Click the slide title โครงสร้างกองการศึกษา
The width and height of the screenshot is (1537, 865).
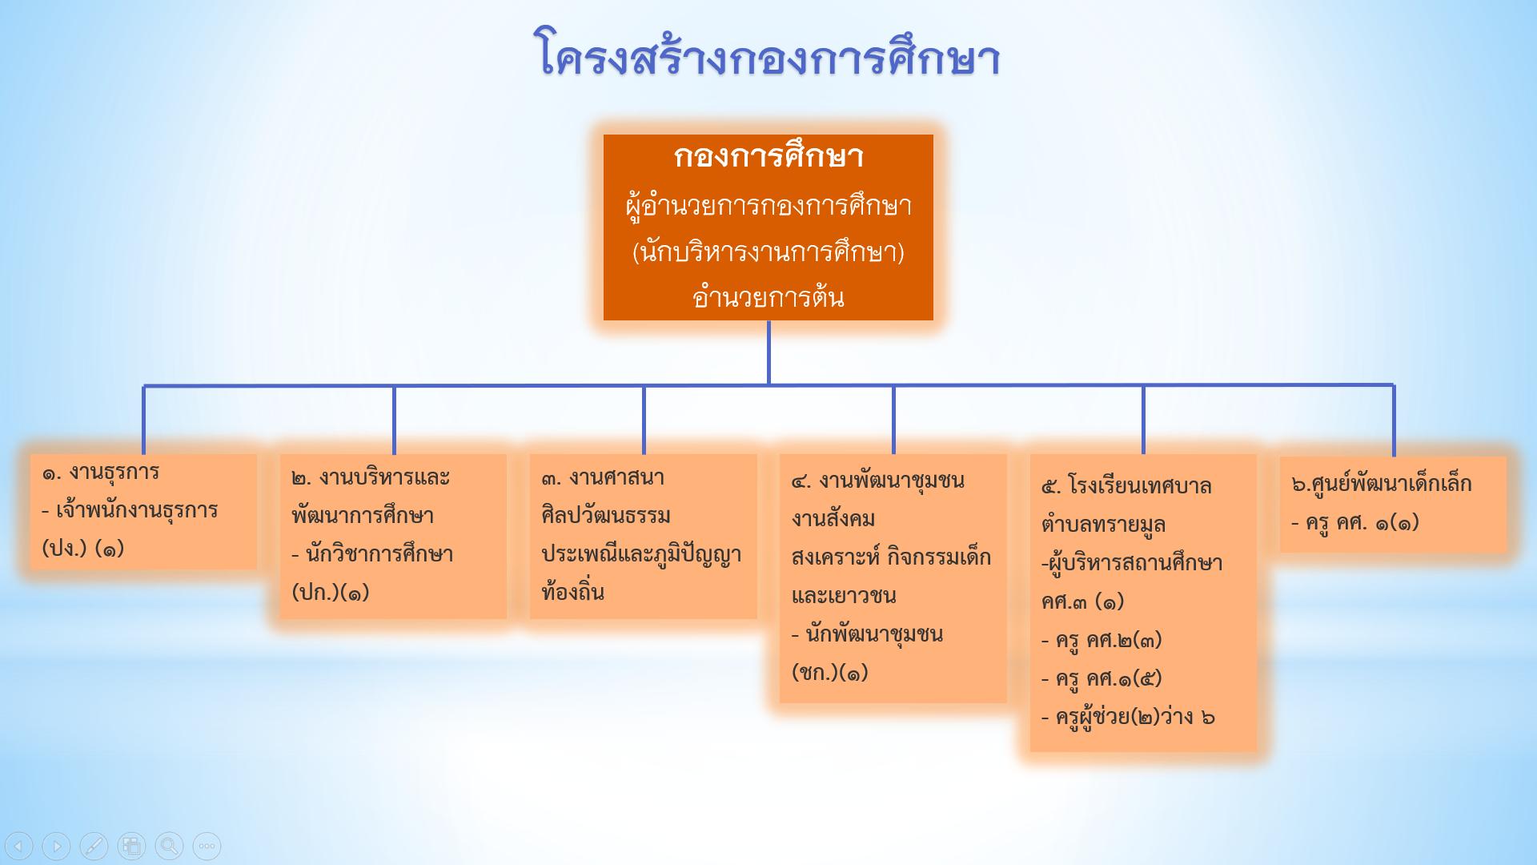pyautogui.click(x=767, y=54)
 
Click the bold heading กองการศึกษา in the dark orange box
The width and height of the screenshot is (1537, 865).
pyautogui.click(x=768, y=156)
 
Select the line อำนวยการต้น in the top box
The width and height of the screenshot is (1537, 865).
pyautogui.click(x=768, y=296)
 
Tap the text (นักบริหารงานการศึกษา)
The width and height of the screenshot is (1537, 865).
pyautogui.click(x=768, y=251)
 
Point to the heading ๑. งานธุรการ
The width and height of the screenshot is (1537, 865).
pyautogui.click(x=101, y=473)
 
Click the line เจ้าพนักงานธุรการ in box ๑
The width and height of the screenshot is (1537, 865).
pyautogui.click(x=130, y=510)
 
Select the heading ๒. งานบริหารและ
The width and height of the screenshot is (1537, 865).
pyautogui.click(x=371, y=478)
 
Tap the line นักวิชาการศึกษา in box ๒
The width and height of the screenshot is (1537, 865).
pyautogui.click(x=372, y=553)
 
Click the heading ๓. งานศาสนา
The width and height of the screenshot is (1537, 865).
pyautogui.click(x=603, y=478)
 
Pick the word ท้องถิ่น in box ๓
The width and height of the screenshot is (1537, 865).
pyautogui.click(x=572, y=591)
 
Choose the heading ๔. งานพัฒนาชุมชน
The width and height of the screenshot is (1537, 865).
pyautogui.click(x=877, y=481)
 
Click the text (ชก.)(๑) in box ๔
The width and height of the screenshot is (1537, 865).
pyautogui.click(x=830, y=672)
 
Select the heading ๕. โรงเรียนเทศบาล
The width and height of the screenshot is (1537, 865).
pyautogui.click(x=1126, y=486)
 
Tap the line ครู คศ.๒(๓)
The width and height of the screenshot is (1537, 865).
pyautogui.click(x=1102, y=641)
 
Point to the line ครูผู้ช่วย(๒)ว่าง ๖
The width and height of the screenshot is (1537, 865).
pyautogui.click(x=1128, y=717)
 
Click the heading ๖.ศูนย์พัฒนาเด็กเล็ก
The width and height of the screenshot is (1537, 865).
pyautogui.click(x=1382, y=483)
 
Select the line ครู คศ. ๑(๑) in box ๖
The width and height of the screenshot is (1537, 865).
pyautogui.click(x=1355, y=523)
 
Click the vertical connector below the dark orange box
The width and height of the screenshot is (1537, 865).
pyautogui.click(x=768, y=353)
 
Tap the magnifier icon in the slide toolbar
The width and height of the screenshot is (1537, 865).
pyautogui.click(x=169, y=846)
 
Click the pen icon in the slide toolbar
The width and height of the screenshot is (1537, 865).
pyautogui.click(x=94, y=846)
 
